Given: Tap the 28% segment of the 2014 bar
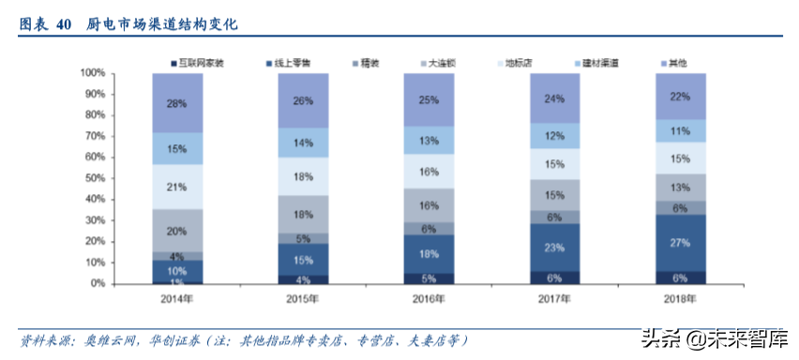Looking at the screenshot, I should [x=177, y=102].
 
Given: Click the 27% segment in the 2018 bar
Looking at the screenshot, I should [x=680, y=242].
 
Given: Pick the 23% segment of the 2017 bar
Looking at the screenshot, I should [x=554, y=248].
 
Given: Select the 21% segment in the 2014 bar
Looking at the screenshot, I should [x=177, y=187].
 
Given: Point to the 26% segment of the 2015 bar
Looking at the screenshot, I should [x=303, y=100].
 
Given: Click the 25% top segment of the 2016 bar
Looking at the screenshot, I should [x=429, y=99].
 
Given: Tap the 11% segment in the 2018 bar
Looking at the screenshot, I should [x=680, y=130].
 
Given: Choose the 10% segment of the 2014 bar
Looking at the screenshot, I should [x=177, y=271].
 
